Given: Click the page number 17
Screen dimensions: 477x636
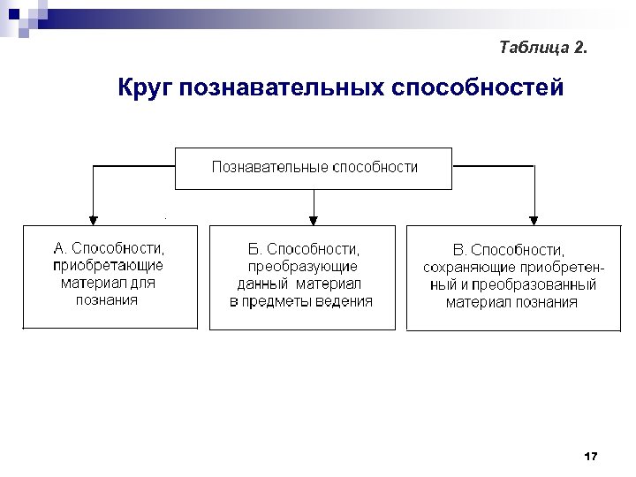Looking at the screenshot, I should coord(591,456).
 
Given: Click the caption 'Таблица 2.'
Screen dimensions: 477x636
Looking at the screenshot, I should coord(541,47).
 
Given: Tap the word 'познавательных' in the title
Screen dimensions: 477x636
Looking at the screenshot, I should coord(281,88).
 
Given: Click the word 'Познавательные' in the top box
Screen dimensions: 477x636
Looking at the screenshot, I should coord(269,167).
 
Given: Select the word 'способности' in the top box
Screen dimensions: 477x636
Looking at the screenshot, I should coord(375,167).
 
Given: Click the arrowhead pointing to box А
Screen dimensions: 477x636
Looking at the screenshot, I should coord(93,218).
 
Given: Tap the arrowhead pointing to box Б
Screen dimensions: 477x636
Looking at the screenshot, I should coord(314,218).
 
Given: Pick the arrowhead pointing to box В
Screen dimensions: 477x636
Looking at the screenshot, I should coord(534,218).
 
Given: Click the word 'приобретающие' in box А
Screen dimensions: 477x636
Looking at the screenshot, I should coord(108,265).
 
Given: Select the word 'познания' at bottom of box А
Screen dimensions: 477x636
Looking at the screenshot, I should coord(108,300).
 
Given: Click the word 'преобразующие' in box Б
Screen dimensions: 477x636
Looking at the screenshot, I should coord(302,266).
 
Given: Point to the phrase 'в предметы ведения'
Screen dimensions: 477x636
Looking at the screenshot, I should coord(301,301).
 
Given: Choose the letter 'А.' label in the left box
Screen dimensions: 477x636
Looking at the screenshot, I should coord(60,248).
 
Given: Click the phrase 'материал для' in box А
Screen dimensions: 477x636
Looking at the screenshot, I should coord(108,284).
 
